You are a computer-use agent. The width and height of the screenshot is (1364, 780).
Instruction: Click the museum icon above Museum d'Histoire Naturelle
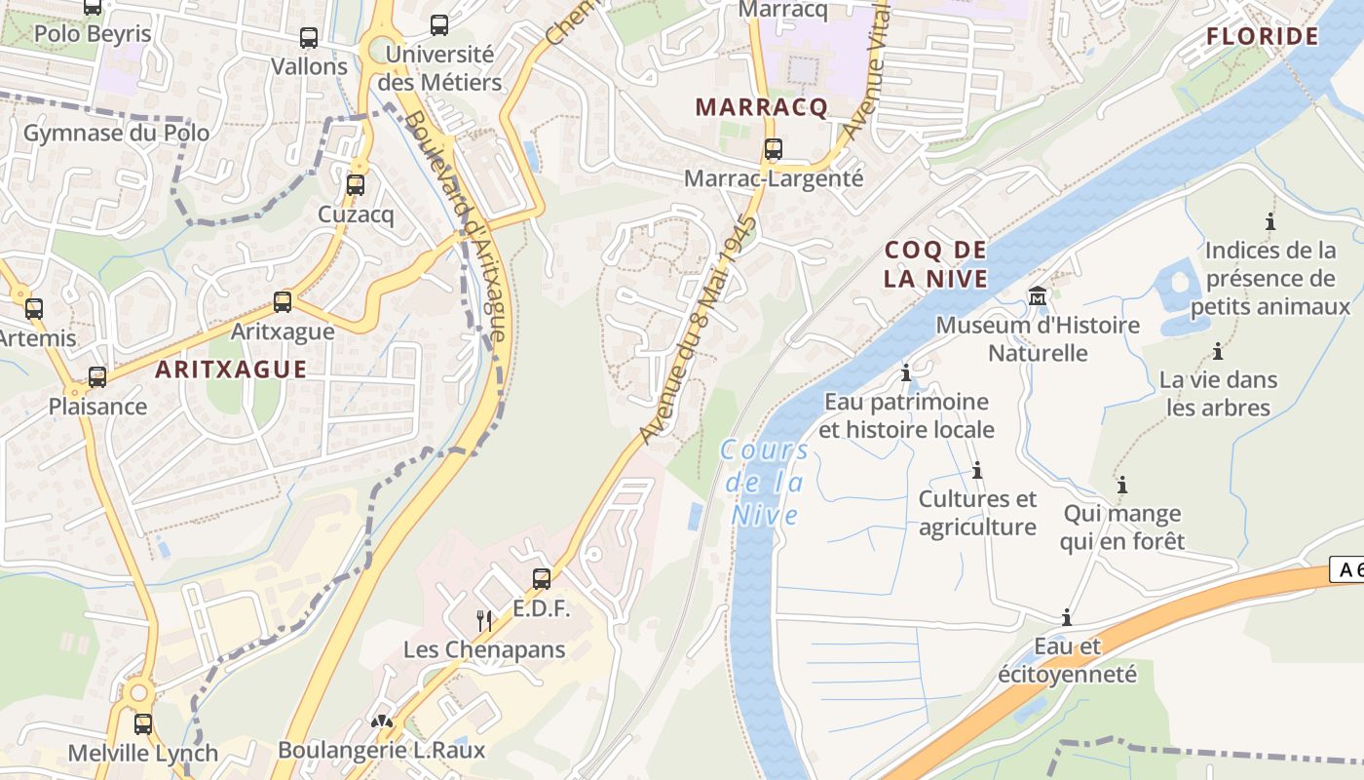pos(1038,295)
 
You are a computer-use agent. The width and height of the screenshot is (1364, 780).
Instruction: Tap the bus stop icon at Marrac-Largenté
pos(773,149)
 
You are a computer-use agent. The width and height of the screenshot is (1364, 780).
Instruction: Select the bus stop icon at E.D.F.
pos(542,579)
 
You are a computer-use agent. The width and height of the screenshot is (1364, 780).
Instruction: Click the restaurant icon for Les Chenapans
pos(483,620)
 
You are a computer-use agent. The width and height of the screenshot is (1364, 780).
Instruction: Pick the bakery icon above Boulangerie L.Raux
pos(381,722)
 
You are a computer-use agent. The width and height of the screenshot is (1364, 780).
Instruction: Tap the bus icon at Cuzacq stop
pos(356,184)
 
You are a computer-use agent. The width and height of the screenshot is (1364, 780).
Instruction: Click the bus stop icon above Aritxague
pos(283,302)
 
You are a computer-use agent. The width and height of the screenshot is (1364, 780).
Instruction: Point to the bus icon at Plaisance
pos(97,377)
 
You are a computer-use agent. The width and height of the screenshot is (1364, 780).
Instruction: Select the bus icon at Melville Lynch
pos(143,724)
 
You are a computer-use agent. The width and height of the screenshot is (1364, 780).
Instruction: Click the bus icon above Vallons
pos(309,38)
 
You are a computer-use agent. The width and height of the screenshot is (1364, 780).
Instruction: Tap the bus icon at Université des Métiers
pos(439,25)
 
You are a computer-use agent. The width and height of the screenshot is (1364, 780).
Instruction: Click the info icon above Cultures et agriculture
pos(977,471)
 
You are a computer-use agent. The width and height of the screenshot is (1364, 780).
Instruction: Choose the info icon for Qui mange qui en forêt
pos(1122,485)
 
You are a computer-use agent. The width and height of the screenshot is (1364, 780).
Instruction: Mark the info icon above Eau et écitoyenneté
pos(1067,617)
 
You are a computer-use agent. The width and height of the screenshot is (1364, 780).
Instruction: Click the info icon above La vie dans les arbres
pos(1217,351)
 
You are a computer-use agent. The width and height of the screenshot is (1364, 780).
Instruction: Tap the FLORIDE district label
pos(1262,37)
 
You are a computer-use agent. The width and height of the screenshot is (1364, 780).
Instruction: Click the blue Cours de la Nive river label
pos(765,482)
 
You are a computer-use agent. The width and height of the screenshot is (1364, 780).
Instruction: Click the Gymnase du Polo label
pos(116,133)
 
